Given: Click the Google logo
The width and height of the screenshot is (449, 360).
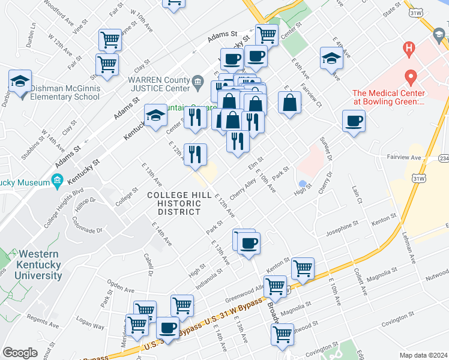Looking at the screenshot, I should [20, 353].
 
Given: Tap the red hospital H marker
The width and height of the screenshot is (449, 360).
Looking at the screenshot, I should [410, 47].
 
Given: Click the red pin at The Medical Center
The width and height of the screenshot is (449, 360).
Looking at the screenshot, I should [411, 77].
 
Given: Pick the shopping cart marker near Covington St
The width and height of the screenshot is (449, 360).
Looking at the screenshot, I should [282, 334].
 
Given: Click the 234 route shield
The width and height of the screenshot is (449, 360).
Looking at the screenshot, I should [444, 158].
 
